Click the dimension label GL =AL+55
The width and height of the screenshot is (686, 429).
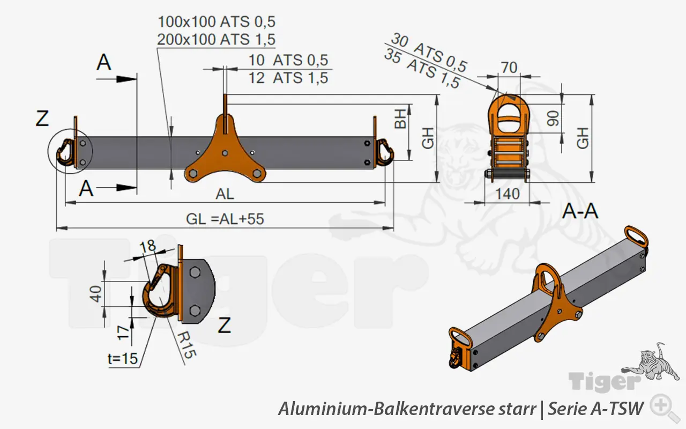(225, 219)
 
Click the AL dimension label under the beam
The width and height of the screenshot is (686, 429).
(225, 194)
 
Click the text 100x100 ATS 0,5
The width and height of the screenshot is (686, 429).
(217, 22)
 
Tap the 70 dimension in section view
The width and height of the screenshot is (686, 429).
(509, 68)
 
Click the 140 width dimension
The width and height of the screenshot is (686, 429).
(507, 194)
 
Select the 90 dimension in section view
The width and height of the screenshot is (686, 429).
(553, 118)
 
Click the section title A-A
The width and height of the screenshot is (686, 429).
(580, 212)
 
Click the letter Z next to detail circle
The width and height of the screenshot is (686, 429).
(42, 119)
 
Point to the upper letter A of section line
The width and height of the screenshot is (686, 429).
(104, 62)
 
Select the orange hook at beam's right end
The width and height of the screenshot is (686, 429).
(385, 152)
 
